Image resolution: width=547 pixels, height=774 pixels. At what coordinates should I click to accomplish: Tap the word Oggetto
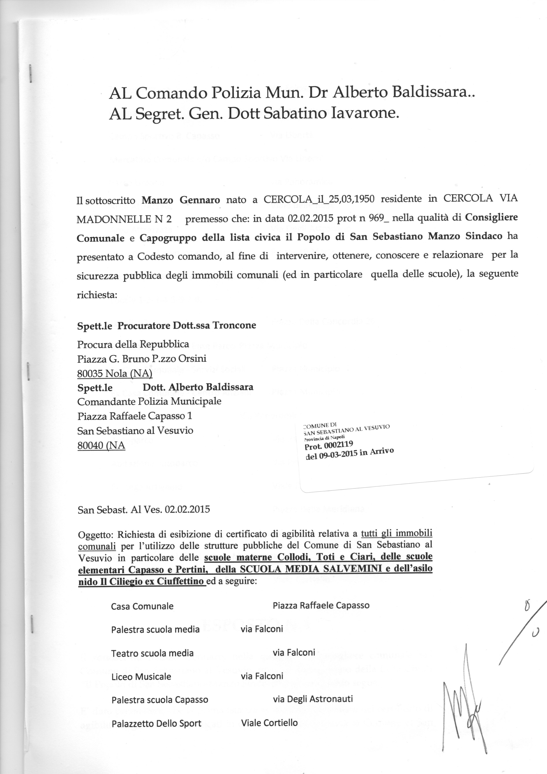(96, 535)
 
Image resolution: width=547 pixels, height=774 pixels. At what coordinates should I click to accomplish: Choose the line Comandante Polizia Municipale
(149, 401)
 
